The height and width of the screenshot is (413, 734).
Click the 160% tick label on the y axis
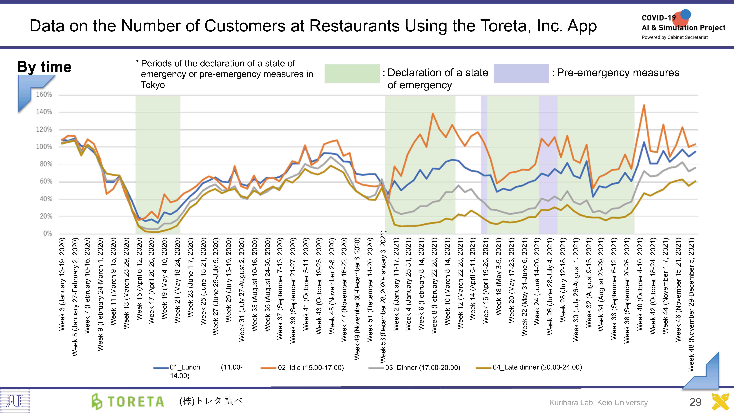point(44,95)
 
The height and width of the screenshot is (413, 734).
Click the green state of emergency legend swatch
point(352,73)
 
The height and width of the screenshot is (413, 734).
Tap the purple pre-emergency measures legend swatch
point(521,73)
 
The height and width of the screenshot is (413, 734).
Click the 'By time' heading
point(44,67)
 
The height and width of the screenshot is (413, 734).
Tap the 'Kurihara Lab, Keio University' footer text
point(598,402)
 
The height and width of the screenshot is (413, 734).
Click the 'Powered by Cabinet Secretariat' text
point(674,37)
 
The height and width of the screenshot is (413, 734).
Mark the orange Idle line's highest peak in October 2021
point(644,105)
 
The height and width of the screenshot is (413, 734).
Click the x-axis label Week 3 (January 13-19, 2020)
point(62,284)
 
